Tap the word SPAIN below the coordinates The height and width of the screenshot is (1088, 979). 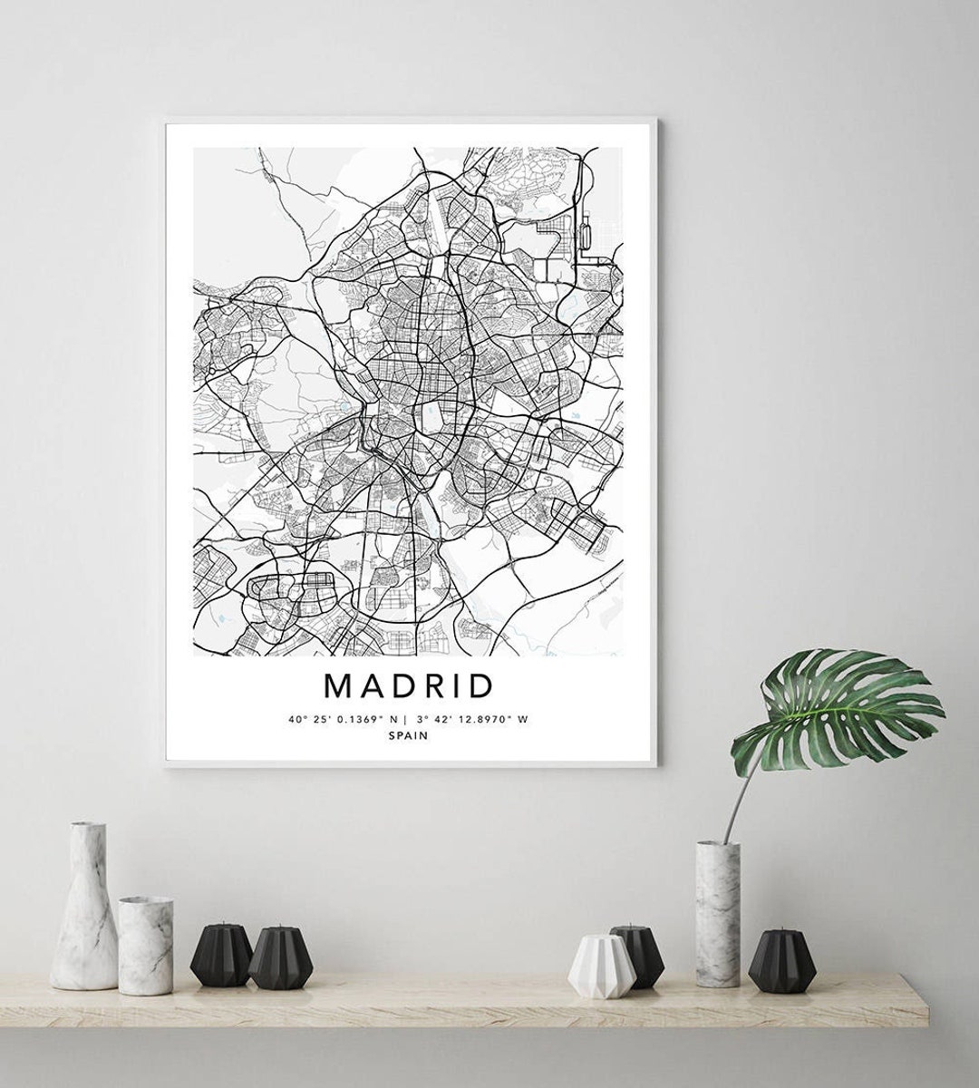click(408, 736)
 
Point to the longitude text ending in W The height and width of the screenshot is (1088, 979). click(472, 719)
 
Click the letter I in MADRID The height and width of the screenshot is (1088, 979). click(458, 685)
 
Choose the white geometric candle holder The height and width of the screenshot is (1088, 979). click(601, 967)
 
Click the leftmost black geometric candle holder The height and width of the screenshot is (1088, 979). click(221, 956)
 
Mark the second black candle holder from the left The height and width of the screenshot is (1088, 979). click(280, 958)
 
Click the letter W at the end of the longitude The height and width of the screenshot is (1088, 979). click(522, 719)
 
